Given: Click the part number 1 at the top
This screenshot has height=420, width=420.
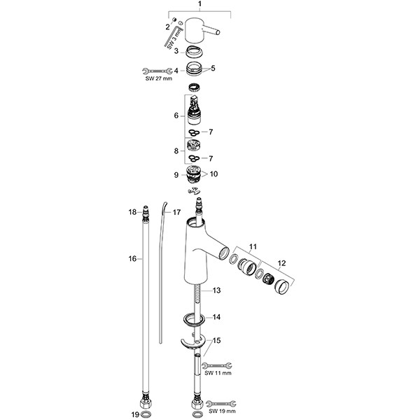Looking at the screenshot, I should click(x=200, y=5).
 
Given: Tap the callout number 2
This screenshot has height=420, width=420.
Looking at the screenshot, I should click(x=167, y=27).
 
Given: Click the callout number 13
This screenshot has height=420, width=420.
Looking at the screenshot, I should click(x=217, y=290).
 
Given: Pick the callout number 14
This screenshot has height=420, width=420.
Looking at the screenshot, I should click(x=217, y=317).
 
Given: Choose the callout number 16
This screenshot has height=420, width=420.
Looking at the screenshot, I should click(x=131, y=259).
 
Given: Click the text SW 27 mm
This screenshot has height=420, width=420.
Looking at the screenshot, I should click(x=157, y=78).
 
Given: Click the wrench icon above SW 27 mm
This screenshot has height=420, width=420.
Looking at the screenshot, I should click(x=157, y=70).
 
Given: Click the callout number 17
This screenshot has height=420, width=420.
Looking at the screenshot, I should click(x=176, y=212).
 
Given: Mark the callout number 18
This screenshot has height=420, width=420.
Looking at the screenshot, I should click(x=132, y=211).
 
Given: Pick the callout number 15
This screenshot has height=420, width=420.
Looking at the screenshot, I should click(x=217, y=340).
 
